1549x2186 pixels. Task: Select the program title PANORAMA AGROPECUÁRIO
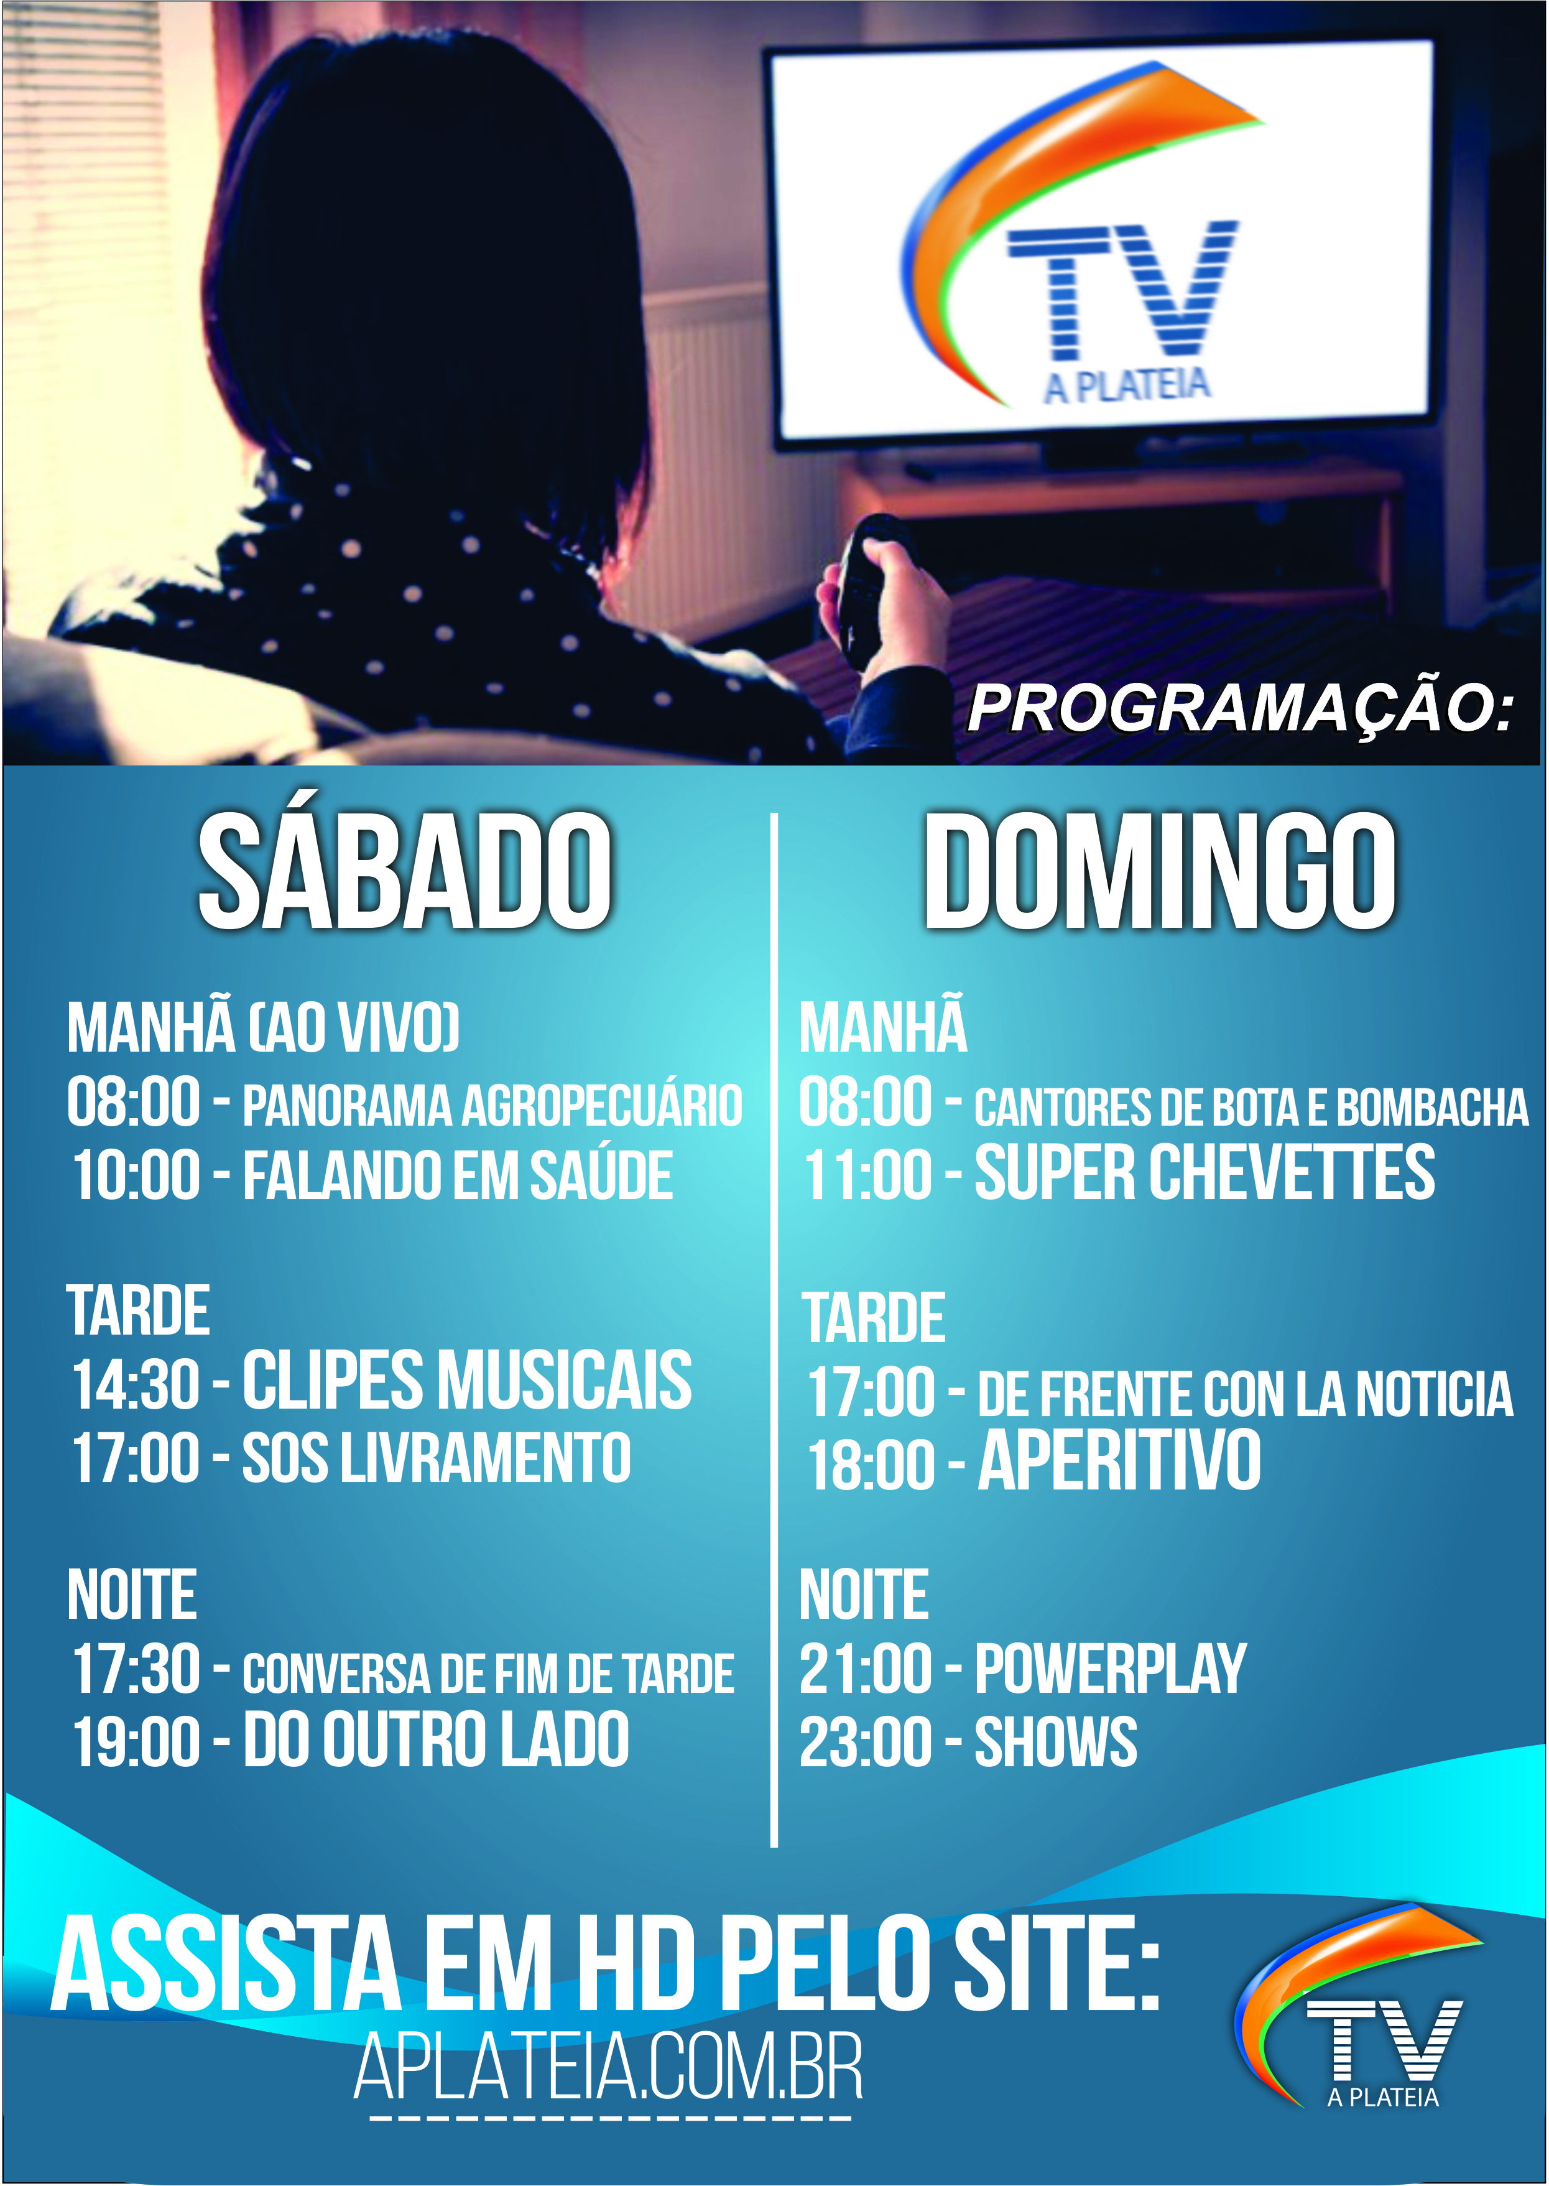(492, 1105)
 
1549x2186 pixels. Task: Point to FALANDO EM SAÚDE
(458, 1174)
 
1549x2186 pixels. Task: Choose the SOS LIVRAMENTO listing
(436, 1457)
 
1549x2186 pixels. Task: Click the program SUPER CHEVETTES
(1205, 1172)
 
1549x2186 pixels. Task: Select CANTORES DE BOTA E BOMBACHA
(1251, 1106)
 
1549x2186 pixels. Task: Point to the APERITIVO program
(1120, 1459)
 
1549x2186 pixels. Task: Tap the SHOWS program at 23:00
(1056, 1741)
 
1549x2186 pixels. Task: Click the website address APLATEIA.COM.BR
(609, 2068)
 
